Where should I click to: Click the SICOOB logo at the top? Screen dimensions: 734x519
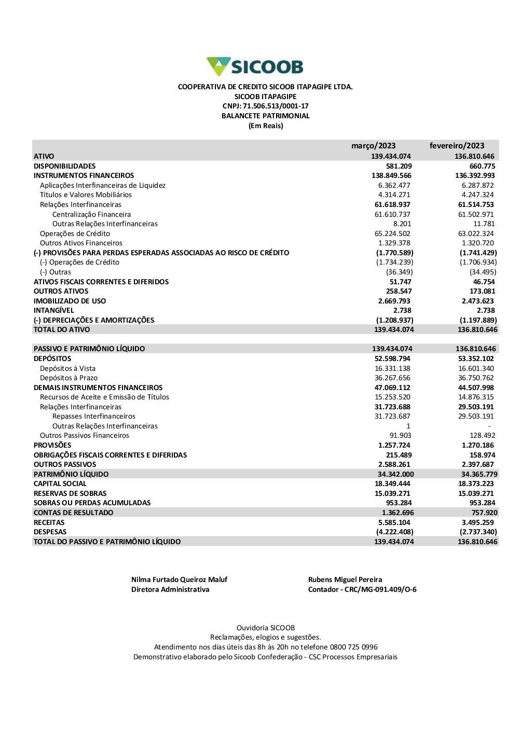click(x=255, y=67)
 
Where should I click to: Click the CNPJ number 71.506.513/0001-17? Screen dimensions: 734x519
click(x=276, y=106)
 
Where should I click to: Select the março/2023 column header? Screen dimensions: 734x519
click(x=373, y=146)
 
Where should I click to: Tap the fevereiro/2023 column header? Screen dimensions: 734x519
click(x=457, y=146)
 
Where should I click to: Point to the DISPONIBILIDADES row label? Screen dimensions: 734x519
click(x=65, y=166)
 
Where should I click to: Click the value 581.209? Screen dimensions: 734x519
click(x=399, y=166)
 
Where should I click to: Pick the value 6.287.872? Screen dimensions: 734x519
click(x=477, y=185)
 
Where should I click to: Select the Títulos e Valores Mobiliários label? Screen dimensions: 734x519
click(x=86, y=195)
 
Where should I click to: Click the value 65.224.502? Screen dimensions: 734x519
click(x=392, y=233)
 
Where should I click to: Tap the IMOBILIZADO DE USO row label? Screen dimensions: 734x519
click(x=70, y=301)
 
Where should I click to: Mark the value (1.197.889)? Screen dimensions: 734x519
click(x=478, y=320)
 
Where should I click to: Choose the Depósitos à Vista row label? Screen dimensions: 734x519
click(x=67, y=368)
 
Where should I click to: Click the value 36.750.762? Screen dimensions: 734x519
click(x=476, y=378)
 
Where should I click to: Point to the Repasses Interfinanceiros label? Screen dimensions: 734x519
click(x=94, y=417)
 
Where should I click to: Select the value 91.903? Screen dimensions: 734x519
click(x=400, y=436)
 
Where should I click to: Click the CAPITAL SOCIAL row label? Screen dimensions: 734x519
click(x=60, y=484)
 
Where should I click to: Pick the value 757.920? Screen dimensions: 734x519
click(x=484, y=513)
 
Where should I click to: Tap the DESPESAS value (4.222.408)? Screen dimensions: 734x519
click(x=394, y=532)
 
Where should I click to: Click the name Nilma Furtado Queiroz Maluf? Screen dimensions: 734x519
click(x=179, y=580)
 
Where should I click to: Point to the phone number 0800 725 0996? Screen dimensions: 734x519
click(x=353, y=647)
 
